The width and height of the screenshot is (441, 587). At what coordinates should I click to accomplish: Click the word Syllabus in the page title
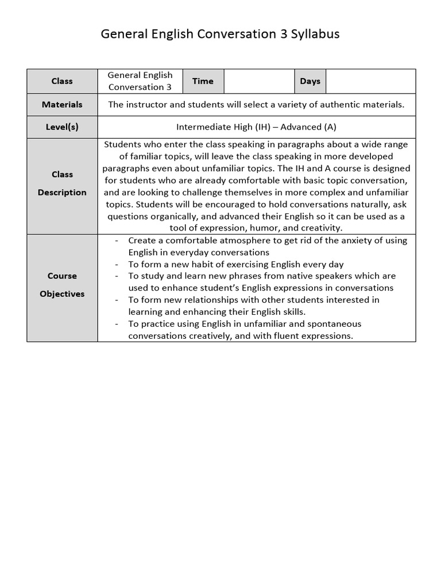pyautogui.click(x=315, y=34)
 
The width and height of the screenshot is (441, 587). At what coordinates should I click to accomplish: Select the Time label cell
pyautogui.click(x=203, y=81)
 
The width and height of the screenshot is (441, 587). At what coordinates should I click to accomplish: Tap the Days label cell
pyautogui.click(x=310, y=81)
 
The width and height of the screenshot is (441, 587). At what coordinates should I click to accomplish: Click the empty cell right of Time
pyautogui.click(x=259, y=81)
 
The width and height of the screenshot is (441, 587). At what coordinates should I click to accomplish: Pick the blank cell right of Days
pyautogui.click(x=370, y=81)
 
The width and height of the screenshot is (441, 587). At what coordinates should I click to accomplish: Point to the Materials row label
pyautogui.click(x=62, y=105)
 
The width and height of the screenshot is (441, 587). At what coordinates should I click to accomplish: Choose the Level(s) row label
pyautogui.click(x=62, y=127)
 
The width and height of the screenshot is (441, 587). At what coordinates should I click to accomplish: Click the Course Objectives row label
pyautogui.click(x=62, y=285)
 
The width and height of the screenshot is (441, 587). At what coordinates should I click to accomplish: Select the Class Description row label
pyautogui.click(x=62, y=183)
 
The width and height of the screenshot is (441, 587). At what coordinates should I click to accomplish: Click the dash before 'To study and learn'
pyautogui.click(x=117, y=276)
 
